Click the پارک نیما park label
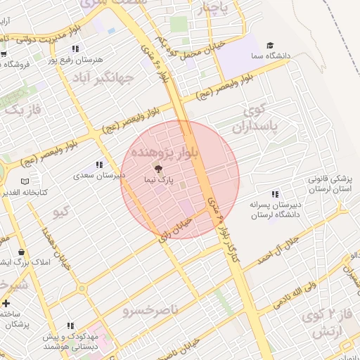[x=157, y=180]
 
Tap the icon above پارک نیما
[x=157, y=169]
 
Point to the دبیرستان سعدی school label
[x=100, y=175]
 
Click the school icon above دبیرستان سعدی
[x=99, y=165]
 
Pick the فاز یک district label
[x=23, y=110]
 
